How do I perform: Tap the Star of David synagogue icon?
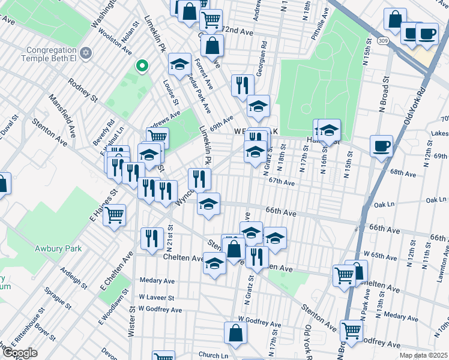point(85,55)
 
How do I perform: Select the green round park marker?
point(142,65)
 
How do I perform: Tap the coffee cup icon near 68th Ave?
point(381,145)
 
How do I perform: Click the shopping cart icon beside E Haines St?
point(114,214)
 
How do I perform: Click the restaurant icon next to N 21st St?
point(152,238)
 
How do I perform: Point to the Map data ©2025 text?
point(423,355)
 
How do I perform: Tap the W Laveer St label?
point(156,297)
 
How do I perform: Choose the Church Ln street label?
point(214,355)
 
